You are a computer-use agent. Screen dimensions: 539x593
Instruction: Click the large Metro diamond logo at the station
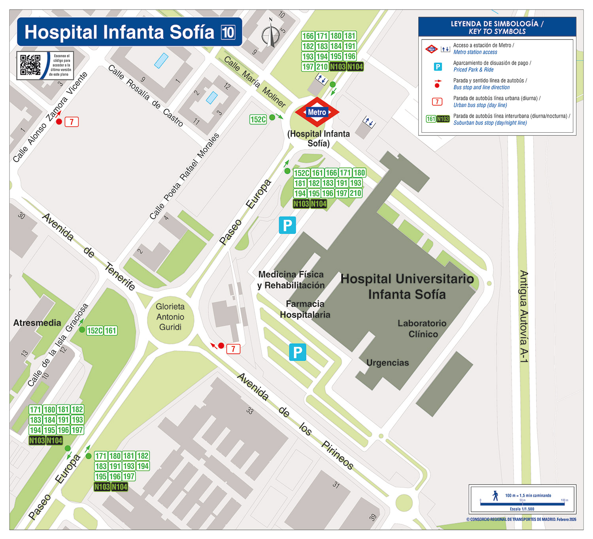click(317, 112)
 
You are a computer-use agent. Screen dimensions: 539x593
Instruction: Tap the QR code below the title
click(30, 65)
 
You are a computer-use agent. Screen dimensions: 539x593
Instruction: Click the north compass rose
click(271, 34)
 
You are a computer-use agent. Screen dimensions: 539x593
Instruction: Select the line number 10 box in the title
click(228, 32)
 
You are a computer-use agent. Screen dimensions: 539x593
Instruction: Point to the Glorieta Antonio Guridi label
click(170, 317)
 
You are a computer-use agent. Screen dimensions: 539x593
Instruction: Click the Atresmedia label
click(37, 323)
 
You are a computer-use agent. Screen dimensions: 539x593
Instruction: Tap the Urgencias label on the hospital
click(387, 362)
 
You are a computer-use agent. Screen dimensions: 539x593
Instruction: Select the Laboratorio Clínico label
click(422, 329)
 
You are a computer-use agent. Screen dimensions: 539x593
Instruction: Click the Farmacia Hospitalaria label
click(305, 309)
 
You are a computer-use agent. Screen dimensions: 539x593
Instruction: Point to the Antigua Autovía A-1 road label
click(523, 316)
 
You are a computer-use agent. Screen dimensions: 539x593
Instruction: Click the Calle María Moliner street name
click(255, 82)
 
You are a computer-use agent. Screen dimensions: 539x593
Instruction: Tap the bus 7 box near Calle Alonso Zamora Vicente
click(72, 122)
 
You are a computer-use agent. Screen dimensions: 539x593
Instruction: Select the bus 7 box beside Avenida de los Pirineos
click(233, 349)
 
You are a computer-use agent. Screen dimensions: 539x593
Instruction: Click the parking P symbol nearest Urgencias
click(297, 352)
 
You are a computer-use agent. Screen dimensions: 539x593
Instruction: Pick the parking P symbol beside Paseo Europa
click(287, 225)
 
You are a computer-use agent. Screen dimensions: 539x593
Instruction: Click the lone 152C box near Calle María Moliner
click(258, 119)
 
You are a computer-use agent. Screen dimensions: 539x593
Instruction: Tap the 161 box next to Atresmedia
click(111, 331)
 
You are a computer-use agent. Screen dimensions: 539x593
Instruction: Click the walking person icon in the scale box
click(495, 496)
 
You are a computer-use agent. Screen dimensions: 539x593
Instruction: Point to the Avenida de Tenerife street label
click(89, 252)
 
